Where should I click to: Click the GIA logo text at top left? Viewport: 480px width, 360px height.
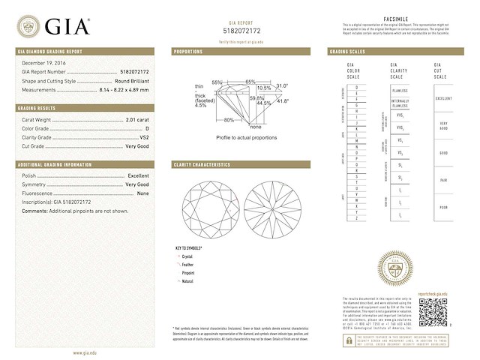click(x=67, y=26)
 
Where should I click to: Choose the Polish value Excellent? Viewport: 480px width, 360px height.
click(x=137, y=175)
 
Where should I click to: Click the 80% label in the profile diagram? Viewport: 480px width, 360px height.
click(x=229, y=120)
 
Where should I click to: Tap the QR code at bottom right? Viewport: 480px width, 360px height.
click(x=433, y=311)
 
